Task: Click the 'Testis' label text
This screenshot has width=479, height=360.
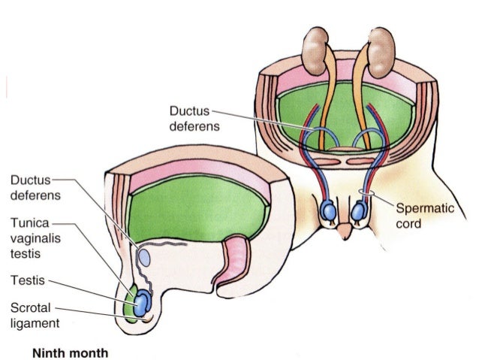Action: click(24, 280)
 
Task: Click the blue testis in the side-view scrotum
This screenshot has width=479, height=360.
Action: click(141, 303)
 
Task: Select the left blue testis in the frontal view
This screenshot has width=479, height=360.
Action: click(328, 212)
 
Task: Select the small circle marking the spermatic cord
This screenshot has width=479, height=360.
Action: click(366, 194)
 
